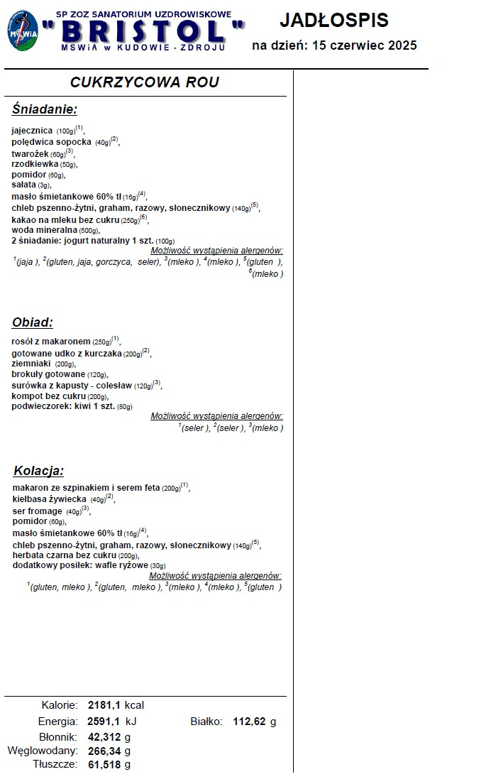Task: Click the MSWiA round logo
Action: pyautogui.click(x=23, y=31)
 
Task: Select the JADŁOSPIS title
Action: pyautogui.click(x=334, y=20)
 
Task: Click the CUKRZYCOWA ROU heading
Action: pyautogui.click(x=145, y=82)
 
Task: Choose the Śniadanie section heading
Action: pyautogui.click(x=44, y=109)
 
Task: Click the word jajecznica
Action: pyautogui.click(x=32, y=131)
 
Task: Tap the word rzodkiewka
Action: pyautogui.click(x=35, y=164)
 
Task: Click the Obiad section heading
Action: pyautogui.click(x=33, y=322)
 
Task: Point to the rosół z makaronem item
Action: pyautogui.click(x=51, y=342)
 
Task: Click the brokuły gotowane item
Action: pyautogui.click(x=48, y=374)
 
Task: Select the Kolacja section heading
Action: pyautogui.click(x=39, y=471)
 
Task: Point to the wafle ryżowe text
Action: pyautogui.click(x=128, y=565)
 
